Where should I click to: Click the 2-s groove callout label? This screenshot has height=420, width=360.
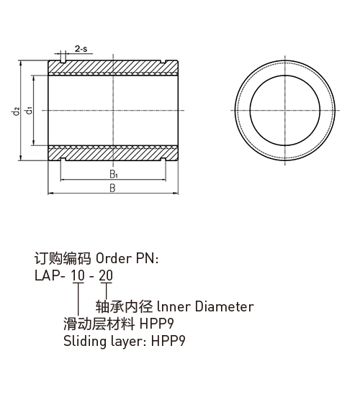coord(81,49)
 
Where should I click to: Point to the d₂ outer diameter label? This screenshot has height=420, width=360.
coord(17,111)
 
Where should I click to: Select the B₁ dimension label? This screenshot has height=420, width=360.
coord(114,174)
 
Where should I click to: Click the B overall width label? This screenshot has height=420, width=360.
coord(112,188)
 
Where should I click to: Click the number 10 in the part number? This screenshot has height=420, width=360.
coord(78,275)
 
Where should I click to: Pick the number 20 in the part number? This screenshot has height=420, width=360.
coord(106,275)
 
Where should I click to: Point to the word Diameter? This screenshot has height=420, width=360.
coord(224,306)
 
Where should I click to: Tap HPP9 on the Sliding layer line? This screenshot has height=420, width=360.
coord(168,341)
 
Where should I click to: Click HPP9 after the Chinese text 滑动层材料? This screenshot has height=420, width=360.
coord(157,324)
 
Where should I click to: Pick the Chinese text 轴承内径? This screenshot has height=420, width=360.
coord(125,306)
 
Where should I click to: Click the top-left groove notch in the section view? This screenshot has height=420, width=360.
coord(63,62)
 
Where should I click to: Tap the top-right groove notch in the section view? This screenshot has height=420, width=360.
coord(163,62)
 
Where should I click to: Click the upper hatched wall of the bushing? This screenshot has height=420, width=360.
coord(113,67)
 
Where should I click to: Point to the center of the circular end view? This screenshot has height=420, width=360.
coord(285,110)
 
